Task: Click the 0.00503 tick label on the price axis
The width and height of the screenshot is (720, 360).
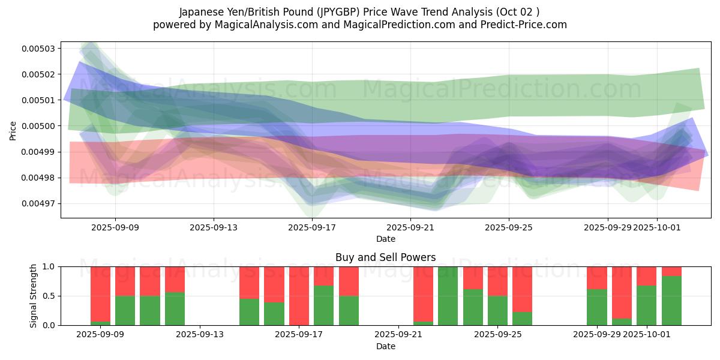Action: point(38,49)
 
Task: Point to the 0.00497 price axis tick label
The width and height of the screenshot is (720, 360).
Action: point(38,203)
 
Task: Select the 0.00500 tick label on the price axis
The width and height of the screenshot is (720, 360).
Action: point(38,126)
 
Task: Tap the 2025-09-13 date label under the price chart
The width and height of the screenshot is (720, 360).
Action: point(214,227)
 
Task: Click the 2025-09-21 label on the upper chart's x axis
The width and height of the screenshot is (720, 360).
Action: point(410,227)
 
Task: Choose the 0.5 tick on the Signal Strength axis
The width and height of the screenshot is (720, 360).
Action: point(49,296)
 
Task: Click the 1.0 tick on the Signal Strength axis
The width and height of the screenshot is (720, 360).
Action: point(49,266)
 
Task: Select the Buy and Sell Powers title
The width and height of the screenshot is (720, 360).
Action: point(385,257)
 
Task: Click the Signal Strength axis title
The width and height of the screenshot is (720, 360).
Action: point(34,296)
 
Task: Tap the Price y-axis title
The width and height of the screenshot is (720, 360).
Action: point(13,130)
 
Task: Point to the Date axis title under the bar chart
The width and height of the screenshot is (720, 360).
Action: point(385,346)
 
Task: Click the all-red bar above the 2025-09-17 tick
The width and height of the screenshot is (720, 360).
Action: point(299,296)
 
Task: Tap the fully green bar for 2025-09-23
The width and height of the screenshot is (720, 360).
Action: point(448,296)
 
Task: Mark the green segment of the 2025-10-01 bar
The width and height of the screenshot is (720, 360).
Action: point(647,305)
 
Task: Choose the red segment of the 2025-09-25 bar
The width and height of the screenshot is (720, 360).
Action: point(497,281)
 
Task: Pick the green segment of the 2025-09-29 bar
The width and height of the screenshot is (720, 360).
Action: point(596,307)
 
